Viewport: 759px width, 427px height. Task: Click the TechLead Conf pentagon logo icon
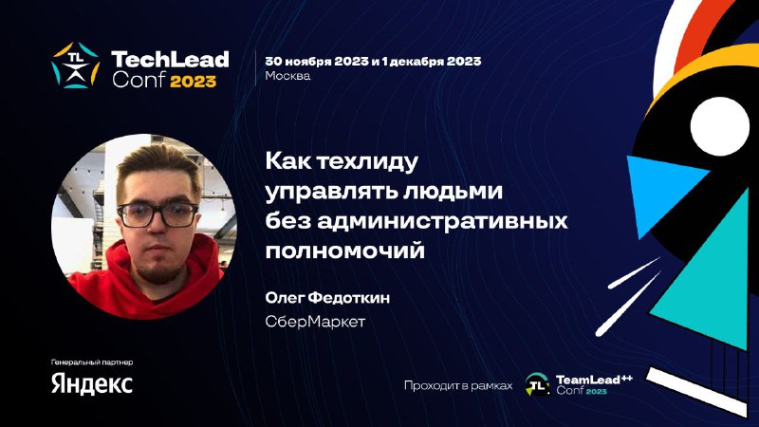76,65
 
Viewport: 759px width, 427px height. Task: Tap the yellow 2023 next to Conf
194,81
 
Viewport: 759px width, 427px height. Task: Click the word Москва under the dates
287,76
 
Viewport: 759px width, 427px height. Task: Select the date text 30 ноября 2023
317,62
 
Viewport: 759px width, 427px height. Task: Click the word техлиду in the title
366,161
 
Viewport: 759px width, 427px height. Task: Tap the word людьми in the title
445,192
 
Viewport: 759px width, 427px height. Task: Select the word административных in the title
442,221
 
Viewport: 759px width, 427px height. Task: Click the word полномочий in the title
344,251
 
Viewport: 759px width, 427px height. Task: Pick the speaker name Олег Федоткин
327,297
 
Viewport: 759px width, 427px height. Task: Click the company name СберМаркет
315,322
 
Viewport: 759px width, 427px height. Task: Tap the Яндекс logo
92,384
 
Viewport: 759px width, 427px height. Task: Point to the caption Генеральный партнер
92,362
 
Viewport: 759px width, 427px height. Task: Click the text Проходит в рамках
458,386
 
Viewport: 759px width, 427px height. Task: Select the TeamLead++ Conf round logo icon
538,385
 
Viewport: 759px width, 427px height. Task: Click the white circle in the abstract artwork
720,125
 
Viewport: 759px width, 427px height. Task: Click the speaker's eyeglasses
157,214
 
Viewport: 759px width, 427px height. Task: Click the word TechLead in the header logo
171,60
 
